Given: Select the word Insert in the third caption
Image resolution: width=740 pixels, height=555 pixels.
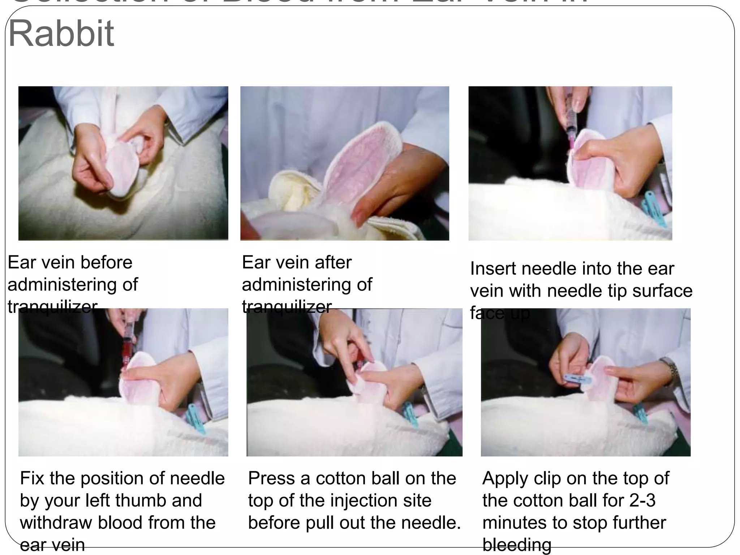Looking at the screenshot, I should [492, 269].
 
